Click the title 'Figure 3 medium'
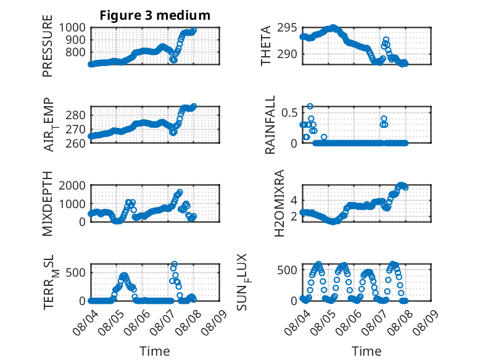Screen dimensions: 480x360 [x=155, y=15]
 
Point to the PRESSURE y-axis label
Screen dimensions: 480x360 [x=48, y=46]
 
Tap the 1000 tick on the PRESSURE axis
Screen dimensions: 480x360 [x=72, y=28]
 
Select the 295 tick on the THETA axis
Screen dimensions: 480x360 [x=287, y=28]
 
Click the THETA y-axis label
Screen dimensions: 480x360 [x=266, y=46]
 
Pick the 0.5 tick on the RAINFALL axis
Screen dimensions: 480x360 [x=289, y=113]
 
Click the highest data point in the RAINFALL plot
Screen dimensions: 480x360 [x=310, y=106]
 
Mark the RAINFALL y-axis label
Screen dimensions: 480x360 [x=270, y=125]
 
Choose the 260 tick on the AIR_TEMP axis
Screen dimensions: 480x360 [x=76, y=143]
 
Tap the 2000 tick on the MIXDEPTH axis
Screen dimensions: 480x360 [x=72, y=185]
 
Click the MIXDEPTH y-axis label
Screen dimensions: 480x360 [x=48, y=204]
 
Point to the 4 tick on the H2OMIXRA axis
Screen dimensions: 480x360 [x=294, y=201]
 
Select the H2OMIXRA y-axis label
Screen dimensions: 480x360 [x=279, y=203]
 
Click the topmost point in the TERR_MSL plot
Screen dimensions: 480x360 [x=174, y=264]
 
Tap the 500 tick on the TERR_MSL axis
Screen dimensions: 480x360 [x=76, y=272]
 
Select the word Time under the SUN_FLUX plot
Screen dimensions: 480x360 [x=366, y=351]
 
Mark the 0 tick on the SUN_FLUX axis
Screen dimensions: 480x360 [x=294, y=301]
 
